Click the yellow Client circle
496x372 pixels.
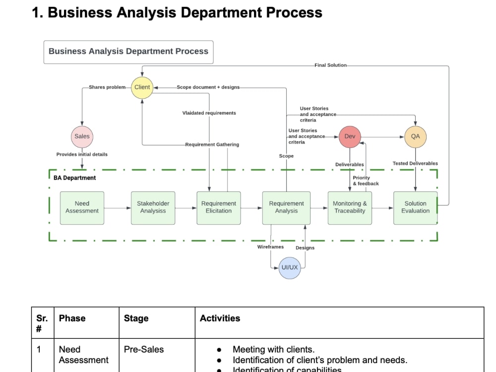pyautogui.click(x=142, y=87)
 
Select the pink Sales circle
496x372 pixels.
pyautogui.click(x=82, y=136)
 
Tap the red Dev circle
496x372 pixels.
pyautogui.click(x=350, y=136)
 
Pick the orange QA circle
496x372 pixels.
pyautogui.click(x=415, y=136)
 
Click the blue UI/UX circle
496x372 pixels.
pyautogui.click(x=290, y=267)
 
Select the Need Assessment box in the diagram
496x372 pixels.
pyautogui.click(x=82, y=207)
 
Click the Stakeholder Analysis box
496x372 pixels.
pyautogui.click(x=153, y=207)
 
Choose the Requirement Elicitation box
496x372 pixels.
pyautogui.click(x=219, y=207)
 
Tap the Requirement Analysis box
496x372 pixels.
pyautogui.click(x=286, y=207)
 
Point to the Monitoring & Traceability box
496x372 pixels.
pyautogui.click(x=350, y=207)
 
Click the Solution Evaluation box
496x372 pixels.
pyautogui.click(x=415, y=207)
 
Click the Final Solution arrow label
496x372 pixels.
pyautogui.click(x=330, y=65)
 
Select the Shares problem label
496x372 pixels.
pyautogui.click(x=107, y=87)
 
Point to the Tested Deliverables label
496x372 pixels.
pyautogui.click(x=415, y=163)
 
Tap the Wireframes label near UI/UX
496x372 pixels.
pyautogui.click(x=270, y=247)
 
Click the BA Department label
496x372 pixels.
pyautogui.click(x=75, y=178)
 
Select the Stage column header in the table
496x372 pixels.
pyautogui.click(x=136, y=318)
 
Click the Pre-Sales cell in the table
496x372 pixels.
pyautogui.click(x=143, y=349)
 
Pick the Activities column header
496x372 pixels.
pyautogui.click(x=220, y=318)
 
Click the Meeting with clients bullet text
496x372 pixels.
pyautogui.click(x=273, y=349)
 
